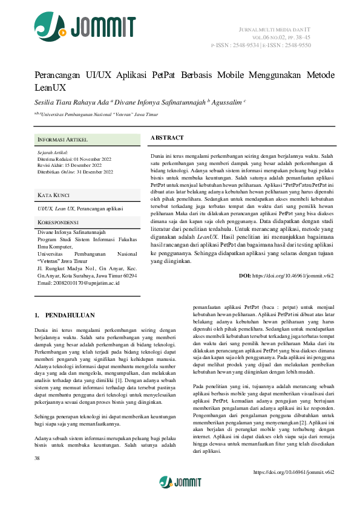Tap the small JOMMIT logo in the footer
pyautogui.click(x=180, y=482)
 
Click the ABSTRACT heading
pyautogui.click(x=167, y=138)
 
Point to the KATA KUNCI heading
pyautogui.click(x=53, y=195)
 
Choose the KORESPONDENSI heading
pyautogui.click(x=59, y=222)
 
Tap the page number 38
pyautogui.click(x=38, y=459)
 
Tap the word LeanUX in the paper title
pyautogui.click(x=50, y=88)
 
